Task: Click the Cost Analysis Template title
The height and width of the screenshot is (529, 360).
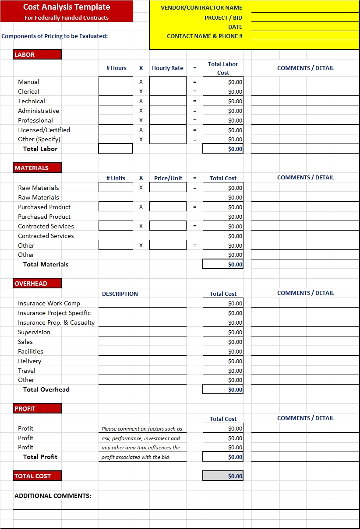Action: [67, 7]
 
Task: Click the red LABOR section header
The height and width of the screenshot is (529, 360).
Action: [37, 55]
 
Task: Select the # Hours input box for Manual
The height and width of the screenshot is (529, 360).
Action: [116, 82]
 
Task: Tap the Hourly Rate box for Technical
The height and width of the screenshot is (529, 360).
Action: [168, 101]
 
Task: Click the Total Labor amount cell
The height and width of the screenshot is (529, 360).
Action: [223, 149]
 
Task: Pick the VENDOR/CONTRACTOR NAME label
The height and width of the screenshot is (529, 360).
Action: [201, 8]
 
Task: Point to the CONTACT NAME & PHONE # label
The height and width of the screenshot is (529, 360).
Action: [205, 36]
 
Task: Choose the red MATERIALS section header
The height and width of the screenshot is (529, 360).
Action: [37, 168]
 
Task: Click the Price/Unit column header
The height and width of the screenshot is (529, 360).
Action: [168, 179]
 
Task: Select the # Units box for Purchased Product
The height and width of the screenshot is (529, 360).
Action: [116, 207]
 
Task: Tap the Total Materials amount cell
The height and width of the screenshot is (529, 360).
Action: [223, 264]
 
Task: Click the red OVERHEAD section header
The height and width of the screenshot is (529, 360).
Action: [37, 284]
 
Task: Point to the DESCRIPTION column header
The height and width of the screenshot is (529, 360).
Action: [120, 294]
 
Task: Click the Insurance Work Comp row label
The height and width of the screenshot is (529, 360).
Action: [49, 303]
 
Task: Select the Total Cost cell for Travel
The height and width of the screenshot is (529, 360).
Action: [223, 371]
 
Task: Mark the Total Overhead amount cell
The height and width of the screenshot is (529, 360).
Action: [223, 389]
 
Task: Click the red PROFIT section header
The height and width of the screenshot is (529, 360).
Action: [37, 409]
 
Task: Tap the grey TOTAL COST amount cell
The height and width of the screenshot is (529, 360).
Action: [223, 476]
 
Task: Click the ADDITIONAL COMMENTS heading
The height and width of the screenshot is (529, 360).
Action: [53, 496]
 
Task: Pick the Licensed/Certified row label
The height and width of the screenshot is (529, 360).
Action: [44, 130]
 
